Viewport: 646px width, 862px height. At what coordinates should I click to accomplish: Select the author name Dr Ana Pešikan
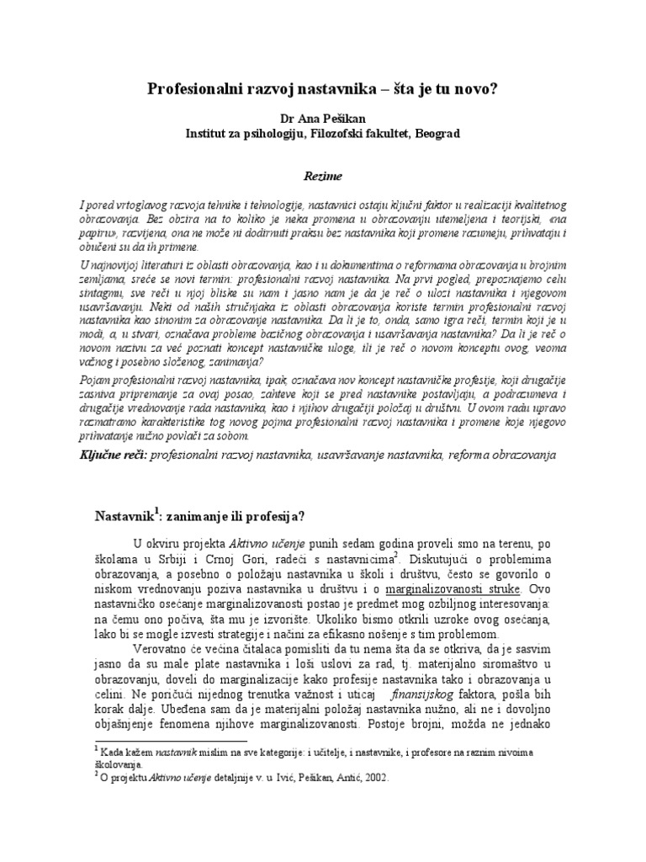323,119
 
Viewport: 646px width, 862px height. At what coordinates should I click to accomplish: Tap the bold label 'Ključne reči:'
124,454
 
